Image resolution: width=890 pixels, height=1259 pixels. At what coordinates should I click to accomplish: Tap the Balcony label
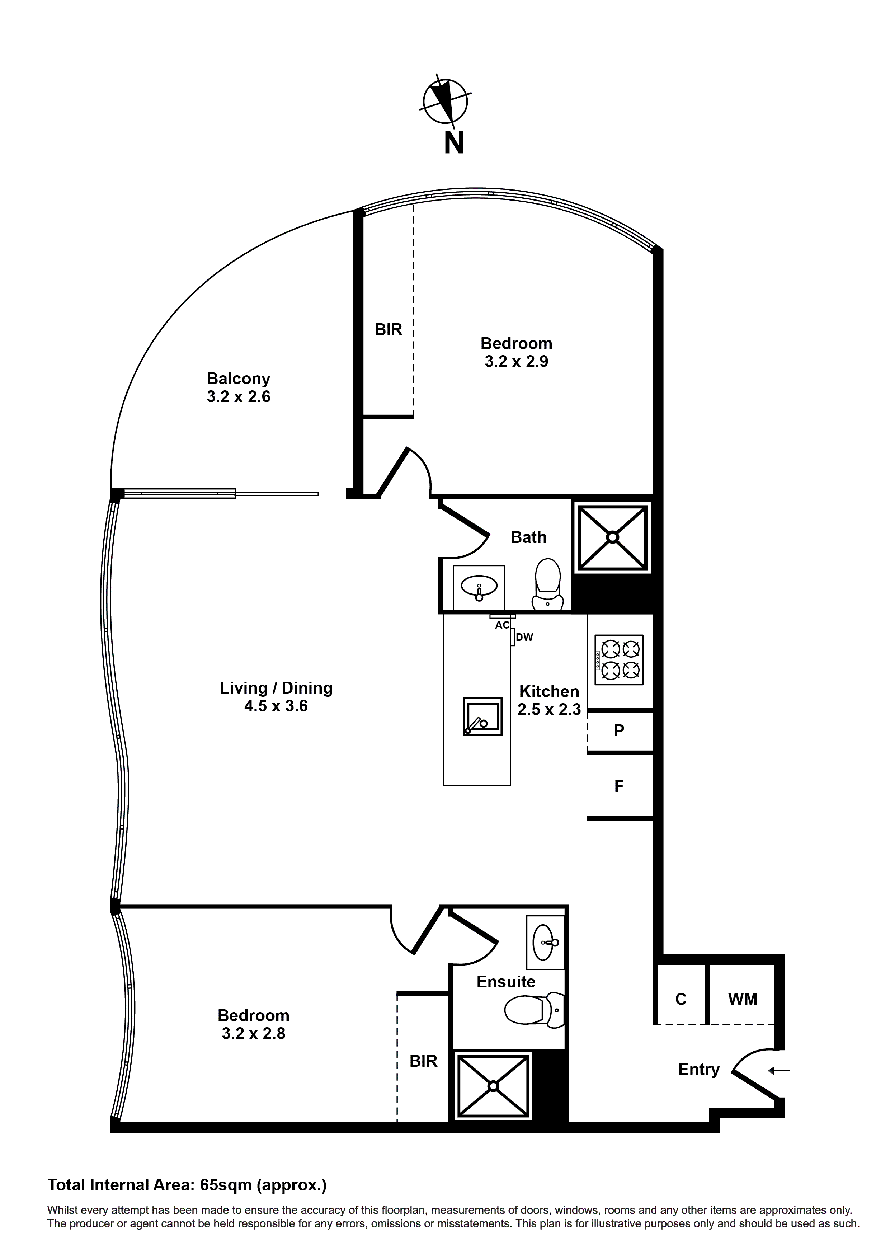239,379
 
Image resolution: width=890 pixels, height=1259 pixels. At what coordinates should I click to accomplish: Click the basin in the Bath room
479,587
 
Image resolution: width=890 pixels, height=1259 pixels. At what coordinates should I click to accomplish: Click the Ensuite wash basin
545,943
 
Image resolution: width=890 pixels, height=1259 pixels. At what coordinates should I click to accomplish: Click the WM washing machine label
743,999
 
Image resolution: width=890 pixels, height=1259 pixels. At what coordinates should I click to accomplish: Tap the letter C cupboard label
681,999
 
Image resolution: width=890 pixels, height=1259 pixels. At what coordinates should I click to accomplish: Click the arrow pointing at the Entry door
779,1070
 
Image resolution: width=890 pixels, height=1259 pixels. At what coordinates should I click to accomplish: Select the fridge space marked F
619,786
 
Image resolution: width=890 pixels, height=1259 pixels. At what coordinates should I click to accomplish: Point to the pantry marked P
619,730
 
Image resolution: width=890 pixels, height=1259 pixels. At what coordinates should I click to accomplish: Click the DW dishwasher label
524,637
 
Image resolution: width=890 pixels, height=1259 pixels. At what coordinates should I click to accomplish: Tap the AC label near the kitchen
502,625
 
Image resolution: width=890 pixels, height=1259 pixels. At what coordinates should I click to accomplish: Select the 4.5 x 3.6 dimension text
276,706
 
